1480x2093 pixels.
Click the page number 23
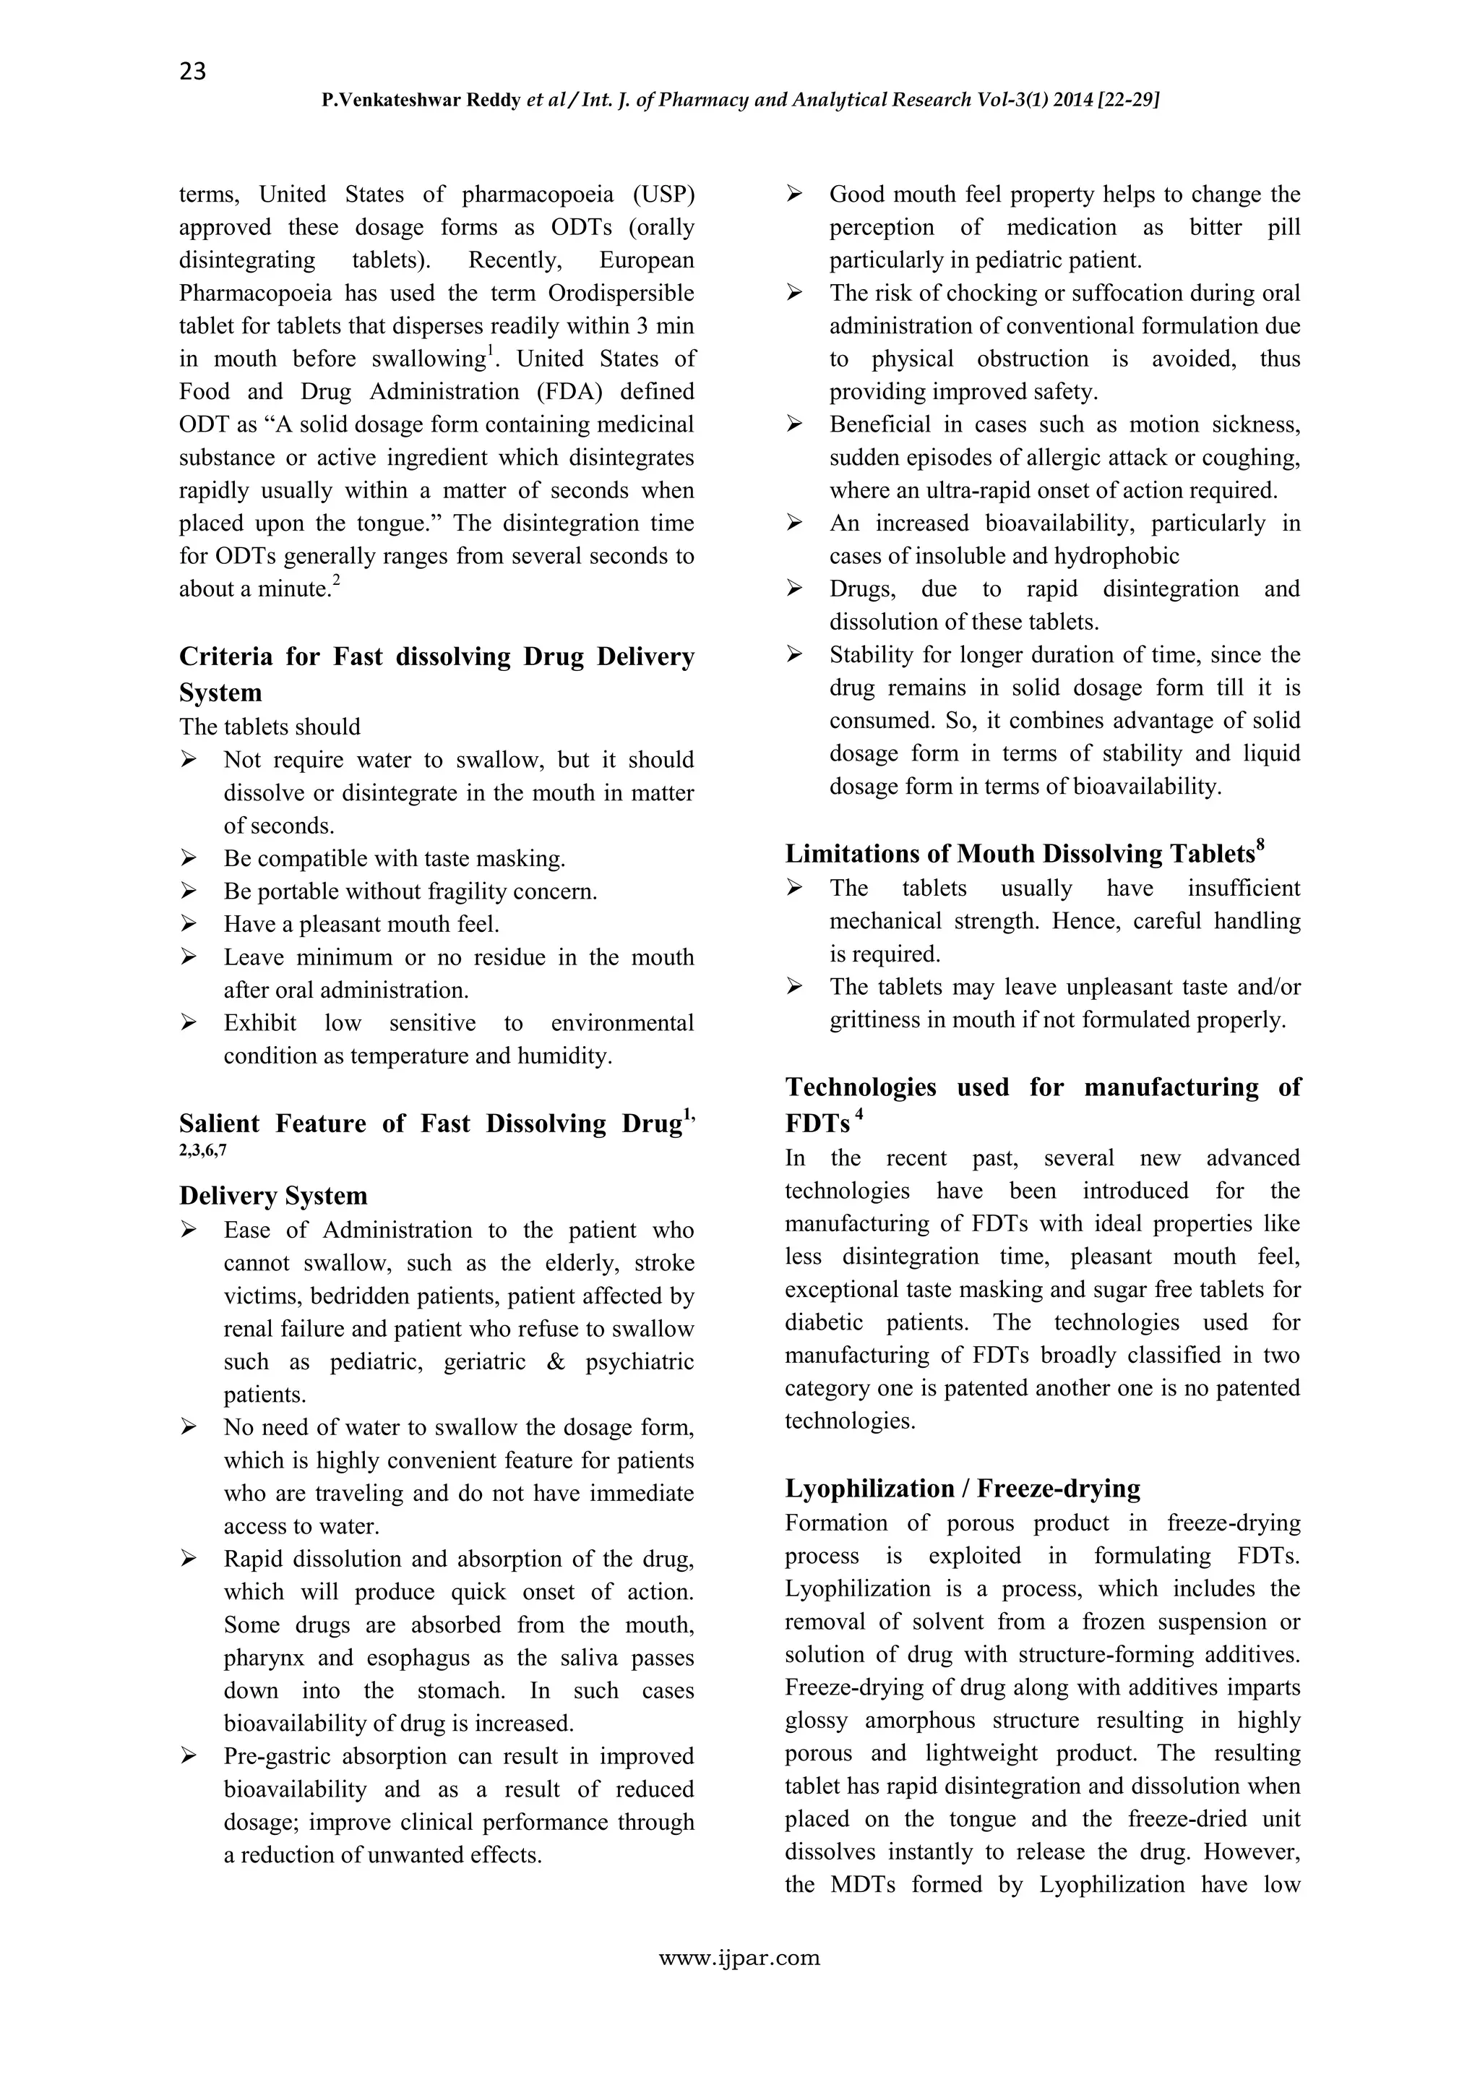click(x=192, y=71)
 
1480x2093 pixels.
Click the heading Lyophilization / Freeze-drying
click(x=963, y=1489)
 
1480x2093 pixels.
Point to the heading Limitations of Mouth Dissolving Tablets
click(x=1020, y=854)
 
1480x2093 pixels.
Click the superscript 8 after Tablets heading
click(x=1260, y=845)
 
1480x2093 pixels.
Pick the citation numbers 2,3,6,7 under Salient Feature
click(x=203, y=1150)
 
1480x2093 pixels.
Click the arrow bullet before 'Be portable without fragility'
click(x=189, y=891)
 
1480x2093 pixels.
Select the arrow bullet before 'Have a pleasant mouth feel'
click(x=189, y=925)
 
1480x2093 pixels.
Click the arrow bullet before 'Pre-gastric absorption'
click(x=189, y=1757)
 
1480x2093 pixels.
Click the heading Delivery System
click(x=272, y=1196)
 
